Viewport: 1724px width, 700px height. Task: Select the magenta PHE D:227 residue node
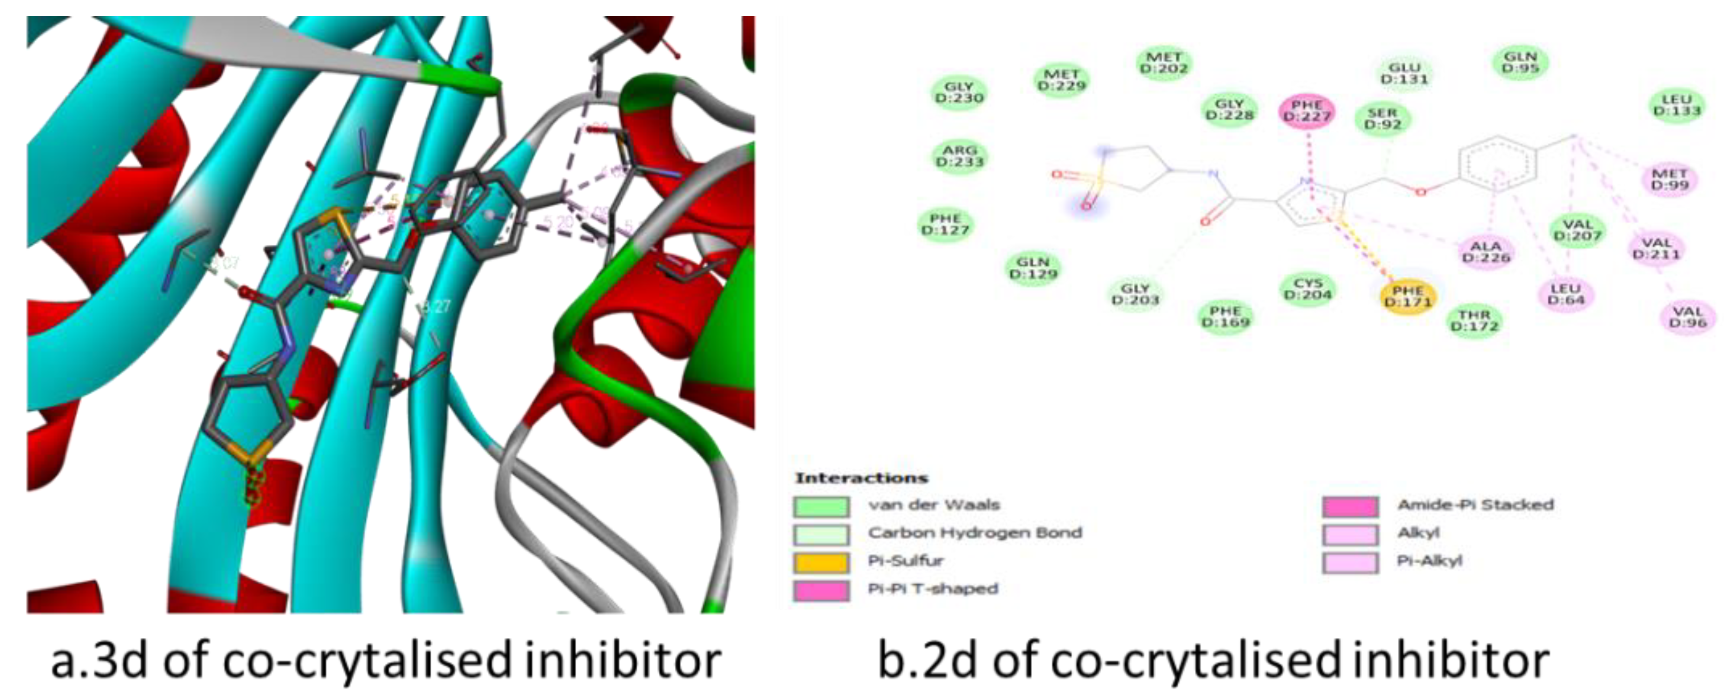pos(1306,111)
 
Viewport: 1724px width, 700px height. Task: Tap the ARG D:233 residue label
pos(960,156)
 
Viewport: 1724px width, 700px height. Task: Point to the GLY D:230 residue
pos(959,92)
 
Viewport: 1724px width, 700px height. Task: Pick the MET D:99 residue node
pos(1670,179)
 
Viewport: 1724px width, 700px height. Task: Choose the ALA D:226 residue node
pos(1486,252)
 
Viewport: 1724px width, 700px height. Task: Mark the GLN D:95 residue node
pos(1520,62)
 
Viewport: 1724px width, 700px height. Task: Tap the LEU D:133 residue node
pos(1676,105)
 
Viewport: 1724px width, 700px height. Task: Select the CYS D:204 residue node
pos(1308,289)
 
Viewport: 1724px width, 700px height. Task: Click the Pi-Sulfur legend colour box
pos(821,562)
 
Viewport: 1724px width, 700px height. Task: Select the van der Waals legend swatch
pos(821,506)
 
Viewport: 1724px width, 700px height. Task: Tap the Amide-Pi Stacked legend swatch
pos(1350,506)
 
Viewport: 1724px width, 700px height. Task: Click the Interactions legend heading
pos(861,478)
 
